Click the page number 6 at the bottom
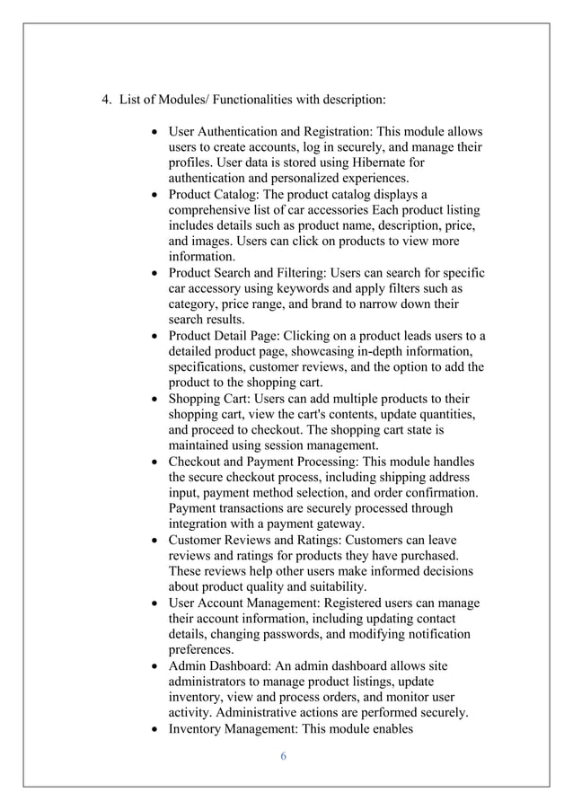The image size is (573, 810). point(283,756)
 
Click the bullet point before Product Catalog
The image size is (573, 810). point(156,193)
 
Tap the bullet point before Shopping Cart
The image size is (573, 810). point(156,398)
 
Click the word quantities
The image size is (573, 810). point(437,414)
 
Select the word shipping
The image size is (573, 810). point(393,477)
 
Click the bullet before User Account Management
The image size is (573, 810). point(156,603)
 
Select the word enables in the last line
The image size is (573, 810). point(386,728)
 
